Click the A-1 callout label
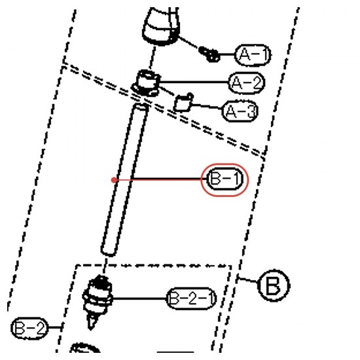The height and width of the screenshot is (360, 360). (x=253, y=55)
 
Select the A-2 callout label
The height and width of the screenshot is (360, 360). (x=247, y=82)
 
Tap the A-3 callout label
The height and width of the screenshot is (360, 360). (x=240, y=111)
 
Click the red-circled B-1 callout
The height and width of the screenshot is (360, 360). (x=225, y=179)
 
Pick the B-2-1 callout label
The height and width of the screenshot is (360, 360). (x=191, y=298)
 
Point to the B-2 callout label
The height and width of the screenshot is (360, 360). (x=29, y=328)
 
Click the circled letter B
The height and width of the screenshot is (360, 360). (x=274, y=285)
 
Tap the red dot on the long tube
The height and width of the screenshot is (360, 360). (x=114, y=180)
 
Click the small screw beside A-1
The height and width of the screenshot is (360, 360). (x=209, y=54)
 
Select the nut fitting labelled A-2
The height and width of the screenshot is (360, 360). (x=145, y=83)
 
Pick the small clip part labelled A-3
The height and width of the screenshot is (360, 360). (x=183, y=103)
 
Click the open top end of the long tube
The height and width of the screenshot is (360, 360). (x=141, y=107)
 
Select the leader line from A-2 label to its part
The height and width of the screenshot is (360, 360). (x=194, y=82)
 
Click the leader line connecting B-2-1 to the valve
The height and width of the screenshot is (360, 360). (x=139, y=298)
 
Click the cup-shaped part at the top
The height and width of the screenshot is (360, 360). (x=161, y=26)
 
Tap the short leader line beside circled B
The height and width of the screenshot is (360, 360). (x=247, y=280)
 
